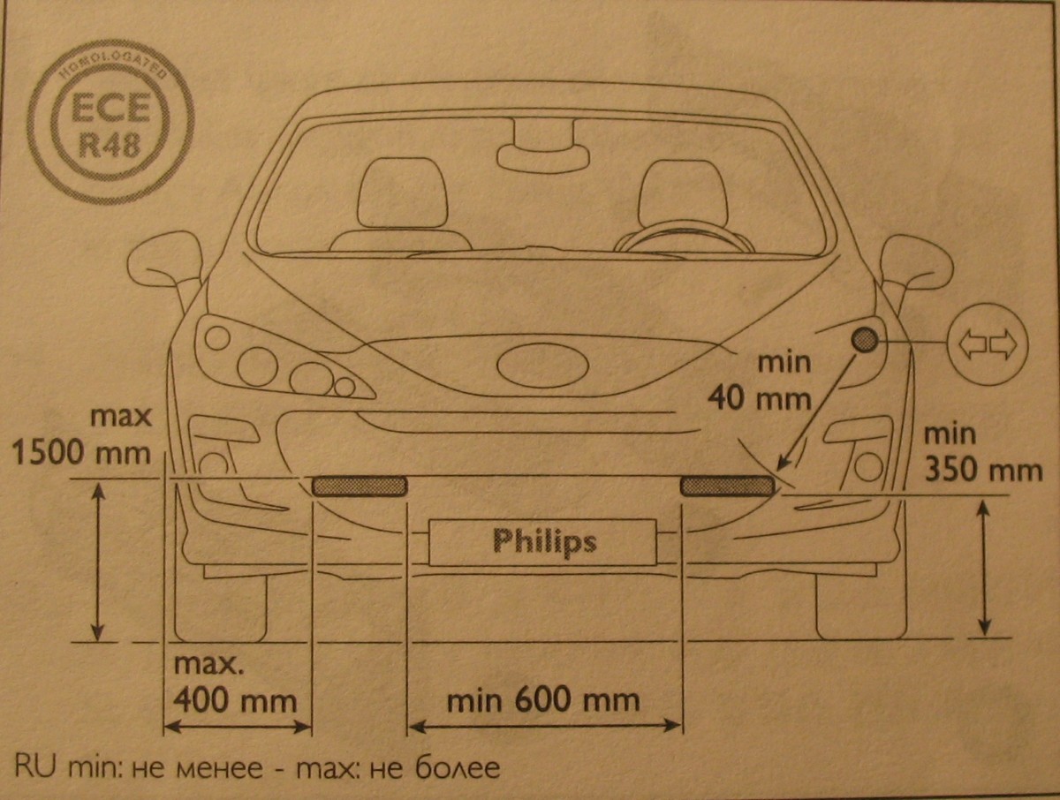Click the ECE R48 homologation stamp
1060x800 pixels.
pos(111,122)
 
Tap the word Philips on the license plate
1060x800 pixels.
pos(545,542)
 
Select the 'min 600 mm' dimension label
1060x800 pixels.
pos(543,700)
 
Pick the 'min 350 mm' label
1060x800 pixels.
pos(983,453)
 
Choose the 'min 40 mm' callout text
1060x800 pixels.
pos(760,381)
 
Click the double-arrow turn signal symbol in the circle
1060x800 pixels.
pos(988,344)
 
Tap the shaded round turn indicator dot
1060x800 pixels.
pos(865,340)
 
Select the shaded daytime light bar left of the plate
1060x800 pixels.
pos(360,486)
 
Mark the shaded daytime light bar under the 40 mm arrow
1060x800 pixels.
pos(728,486)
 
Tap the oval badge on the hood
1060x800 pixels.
pos(542,366)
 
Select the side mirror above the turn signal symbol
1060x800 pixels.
pos(916,269)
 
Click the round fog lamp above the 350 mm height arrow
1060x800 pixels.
pos(867,466)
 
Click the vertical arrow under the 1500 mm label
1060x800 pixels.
pos(99,562)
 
